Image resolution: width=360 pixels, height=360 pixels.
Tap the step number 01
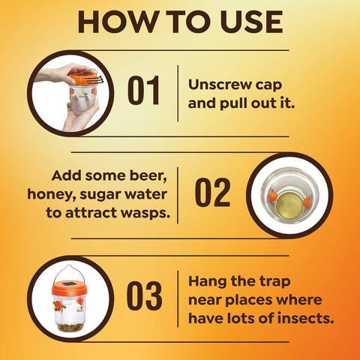[143, 90]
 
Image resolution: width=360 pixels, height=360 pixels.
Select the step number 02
[212, 193]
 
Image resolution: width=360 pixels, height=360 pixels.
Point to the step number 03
[144, 295]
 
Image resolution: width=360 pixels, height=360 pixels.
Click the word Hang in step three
[207, 281]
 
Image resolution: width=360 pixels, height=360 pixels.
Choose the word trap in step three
[275, 282]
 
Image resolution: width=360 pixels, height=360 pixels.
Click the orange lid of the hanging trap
[70, 288]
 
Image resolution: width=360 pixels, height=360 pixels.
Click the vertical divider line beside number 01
[178, 94]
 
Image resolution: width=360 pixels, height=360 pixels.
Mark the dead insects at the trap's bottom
[70, 327]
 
